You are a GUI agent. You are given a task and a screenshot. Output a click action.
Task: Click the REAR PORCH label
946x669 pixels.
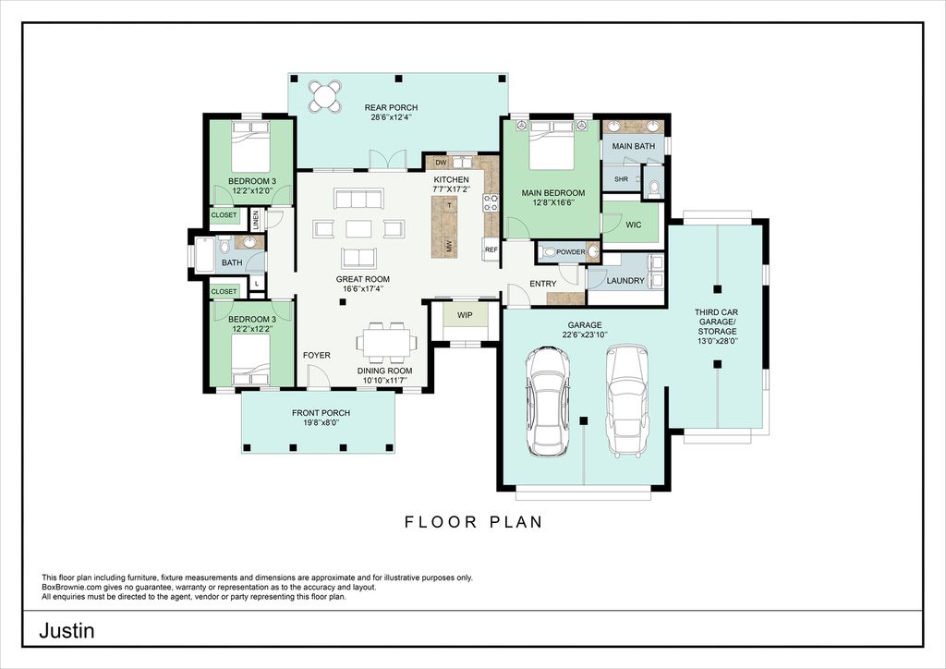click(x=391, y=107)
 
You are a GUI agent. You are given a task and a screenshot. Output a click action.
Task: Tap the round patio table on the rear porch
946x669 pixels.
click(x=325, y=96)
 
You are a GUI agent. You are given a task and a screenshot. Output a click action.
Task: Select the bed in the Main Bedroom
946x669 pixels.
click(x=552, y=145)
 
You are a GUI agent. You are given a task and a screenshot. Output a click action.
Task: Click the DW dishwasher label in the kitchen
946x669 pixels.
click(x=441, y=163)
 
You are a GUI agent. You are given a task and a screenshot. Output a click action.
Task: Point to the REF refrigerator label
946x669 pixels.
click(x=491, y=249)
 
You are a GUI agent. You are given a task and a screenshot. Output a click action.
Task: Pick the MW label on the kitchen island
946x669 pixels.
click(x=450, y=246)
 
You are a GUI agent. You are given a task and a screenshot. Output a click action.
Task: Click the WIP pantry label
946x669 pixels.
click(x=465, y=315)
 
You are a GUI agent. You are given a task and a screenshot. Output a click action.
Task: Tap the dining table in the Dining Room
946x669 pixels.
click(x=387, y=343)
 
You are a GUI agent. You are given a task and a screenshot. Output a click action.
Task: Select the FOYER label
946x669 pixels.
click(x=317, y=356)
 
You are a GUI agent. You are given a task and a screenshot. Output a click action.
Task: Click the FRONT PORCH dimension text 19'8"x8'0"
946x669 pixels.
click(x=321, y=423)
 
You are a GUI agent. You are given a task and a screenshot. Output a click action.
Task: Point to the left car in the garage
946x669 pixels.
click(x=547, y=401)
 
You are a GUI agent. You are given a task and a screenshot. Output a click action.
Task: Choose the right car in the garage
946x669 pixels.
click(x=627, y=400)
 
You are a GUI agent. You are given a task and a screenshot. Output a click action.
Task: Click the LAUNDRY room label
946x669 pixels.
click(x=625, y=281)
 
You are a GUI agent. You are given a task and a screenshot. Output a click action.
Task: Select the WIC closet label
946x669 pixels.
click(x=634, y=225)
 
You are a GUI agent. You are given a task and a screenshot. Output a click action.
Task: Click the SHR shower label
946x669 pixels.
click(x=621, y=179)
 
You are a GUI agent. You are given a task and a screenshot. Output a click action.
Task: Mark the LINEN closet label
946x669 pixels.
click(x=256, y=220)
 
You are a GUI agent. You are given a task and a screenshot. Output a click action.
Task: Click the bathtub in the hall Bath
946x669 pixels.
click(x=204, y=254)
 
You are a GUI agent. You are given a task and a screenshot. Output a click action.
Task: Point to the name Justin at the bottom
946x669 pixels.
click(x=67, y=631)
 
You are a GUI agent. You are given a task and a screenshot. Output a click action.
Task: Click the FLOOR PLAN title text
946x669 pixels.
click(x=474, y=522)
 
